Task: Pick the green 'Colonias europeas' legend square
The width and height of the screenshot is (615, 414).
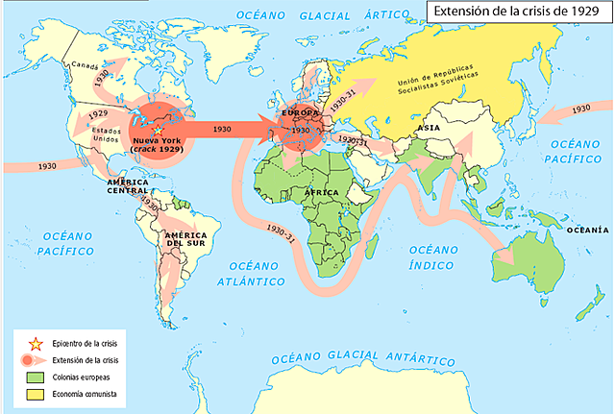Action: (34, 377)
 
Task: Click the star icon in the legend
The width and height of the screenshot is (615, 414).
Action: (34, 342)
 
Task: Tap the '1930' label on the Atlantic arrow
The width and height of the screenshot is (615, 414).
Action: (220, 129)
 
